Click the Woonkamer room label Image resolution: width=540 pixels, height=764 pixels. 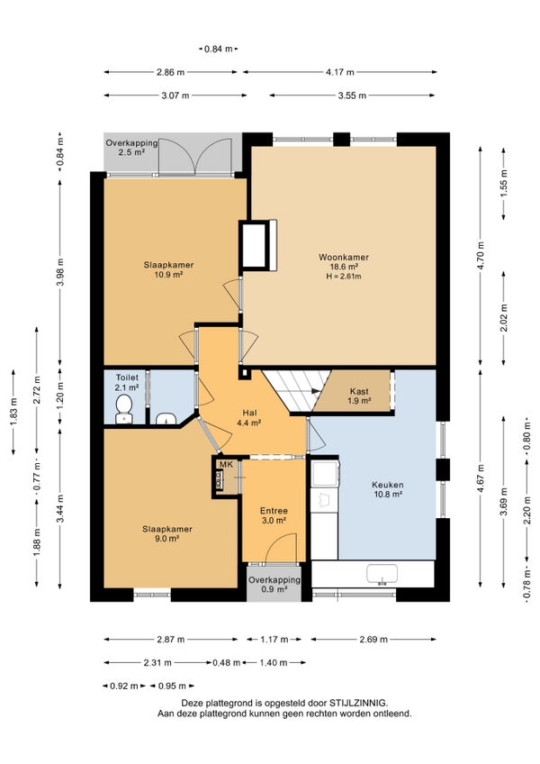(x=344, y=258)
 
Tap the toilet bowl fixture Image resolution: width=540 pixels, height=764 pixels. (x=123, y=409)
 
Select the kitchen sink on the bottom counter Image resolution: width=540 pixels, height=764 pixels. (x=382, y=575)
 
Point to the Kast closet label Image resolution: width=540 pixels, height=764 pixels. (x=359, y=391)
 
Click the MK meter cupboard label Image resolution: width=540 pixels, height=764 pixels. (x=227, y=464)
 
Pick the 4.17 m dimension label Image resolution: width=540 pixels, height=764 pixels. (x=340, y=72)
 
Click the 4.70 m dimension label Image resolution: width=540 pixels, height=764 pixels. (x=481, y=256)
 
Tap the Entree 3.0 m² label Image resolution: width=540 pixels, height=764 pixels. (x=274, y=515)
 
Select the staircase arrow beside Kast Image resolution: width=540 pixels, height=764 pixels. (x=315, y=391)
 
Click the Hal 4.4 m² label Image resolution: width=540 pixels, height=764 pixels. (x=248, y=418)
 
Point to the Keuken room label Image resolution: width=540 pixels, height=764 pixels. (x=388, y=485)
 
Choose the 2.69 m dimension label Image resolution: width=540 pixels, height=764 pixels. (x=373, y=640)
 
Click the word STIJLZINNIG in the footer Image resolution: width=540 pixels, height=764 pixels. (x=358, y=703)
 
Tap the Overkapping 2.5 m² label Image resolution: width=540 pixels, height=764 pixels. (x=132, y=148)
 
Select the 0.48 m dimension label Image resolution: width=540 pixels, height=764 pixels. (x=227, y=663)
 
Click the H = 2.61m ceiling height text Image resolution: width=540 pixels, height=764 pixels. (x=344, y=277)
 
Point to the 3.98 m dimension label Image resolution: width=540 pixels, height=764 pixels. (x=60, y=273)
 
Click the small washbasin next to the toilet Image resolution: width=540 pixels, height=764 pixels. (x=166, y=418)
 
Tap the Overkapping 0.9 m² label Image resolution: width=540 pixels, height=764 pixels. (x=274, y=584)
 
